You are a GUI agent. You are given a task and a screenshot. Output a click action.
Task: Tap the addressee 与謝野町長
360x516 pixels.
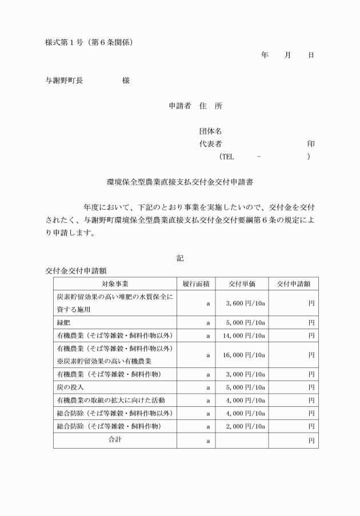point(65,81)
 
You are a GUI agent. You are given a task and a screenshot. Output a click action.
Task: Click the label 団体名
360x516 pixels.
point(210,131)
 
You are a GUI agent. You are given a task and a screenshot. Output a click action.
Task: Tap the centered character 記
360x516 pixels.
point(180,258)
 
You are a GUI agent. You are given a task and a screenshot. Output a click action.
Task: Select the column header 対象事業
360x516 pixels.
point(114,284)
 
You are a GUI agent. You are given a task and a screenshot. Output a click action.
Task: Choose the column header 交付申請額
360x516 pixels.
point(293,284)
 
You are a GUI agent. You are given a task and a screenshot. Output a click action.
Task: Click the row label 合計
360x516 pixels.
point(115,440)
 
